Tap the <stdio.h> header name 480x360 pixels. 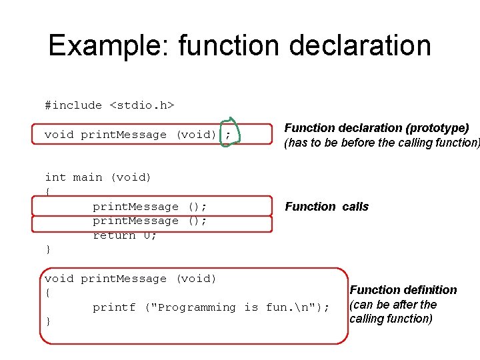pos(142,105)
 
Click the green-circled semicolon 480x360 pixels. pos(228,135)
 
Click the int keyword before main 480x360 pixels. pos(55,177)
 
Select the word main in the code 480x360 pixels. pos(87,177)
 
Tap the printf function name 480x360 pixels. pos(113,307)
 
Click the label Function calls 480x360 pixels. pos(327,207)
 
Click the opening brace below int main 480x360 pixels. pos(47,192)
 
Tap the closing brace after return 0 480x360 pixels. pos(47,250)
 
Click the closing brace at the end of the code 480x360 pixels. pos(47,322)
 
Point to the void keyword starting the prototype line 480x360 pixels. pos(59,135)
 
